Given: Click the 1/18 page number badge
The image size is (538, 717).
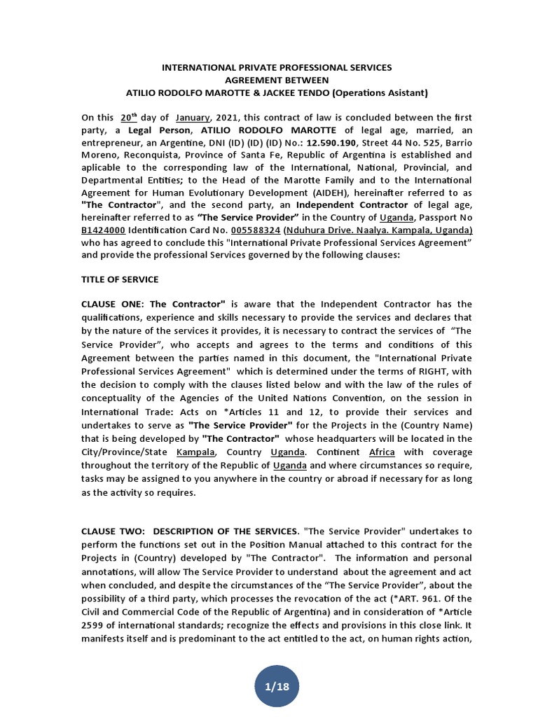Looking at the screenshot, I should [277, 686].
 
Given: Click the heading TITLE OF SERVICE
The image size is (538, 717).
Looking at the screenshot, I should [120, 279].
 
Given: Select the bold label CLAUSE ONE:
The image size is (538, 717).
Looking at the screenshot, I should [113, 304].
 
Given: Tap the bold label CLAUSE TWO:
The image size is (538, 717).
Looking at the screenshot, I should [113, 531].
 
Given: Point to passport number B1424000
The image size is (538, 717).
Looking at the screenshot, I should [104, 230].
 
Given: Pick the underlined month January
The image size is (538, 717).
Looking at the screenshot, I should [193, 118].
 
